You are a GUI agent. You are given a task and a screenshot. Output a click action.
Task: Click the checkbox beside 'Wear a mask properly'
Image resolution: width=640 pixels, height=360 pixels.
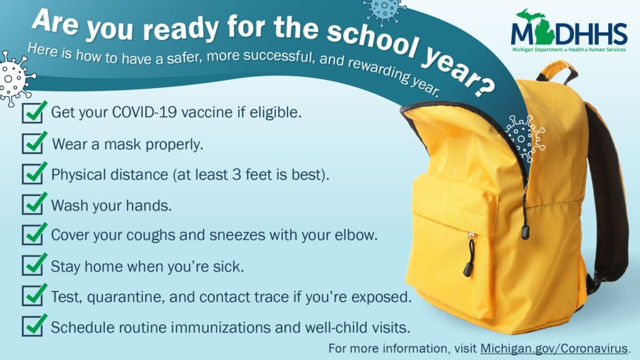click(x=32, y=144)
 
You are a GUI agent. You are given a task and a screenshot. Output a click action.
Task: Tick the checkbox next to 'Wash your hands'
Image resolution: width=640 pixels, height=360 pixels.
click(x=32, y=204)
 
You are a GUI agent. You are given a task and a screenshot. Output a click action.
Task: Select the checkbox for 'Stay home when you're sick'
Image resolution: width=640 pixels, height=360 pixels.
click(x=32, y=265)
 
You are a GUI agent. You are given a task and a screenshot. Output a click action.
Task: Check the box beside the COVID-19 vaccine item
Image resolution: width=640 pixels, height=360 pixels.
click(x=32, y=113)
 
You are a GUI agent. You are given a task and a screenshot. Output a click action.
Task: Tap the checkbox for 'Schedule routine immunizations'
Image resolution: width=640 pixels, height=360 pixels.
click(x=32, y=326)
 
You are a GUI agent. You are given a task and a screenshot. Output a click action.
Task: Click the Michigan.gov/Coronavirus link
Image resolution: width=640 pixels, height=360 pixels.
click(x=554, y=347)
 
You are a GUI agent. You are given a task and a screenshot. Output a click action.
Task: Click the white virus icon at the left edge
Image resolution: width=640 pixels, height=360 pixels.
click(x=14, y=78)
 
